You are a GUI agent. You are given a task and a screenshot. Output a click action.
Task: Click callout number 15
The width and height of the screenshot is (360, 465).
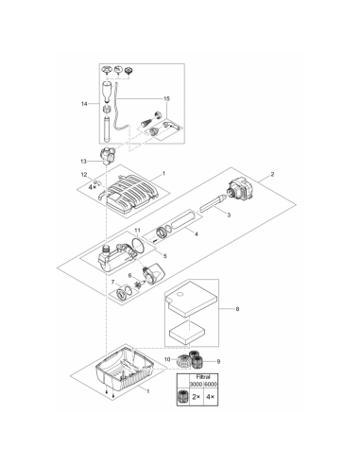tap(166, 97)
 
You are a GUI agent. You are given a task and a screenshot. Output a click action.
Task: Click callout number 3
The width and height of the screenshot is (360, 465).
tap(229, 216)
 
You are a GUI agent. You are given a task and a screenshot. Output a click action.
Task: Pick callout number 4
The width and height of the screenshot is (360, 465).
tap(196, 232)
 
